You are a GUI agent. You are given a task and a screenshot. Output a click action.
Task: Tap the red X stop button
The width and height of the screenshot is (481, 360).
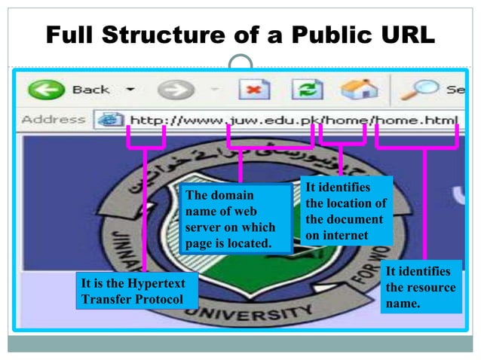(254, 91)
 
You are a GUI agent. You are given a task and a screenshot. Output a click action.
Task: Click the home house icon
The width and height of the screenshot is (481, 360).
(359, 90)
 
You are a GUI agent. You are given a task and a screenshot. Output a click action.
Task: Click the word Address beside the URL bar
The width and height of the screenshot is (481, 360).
(53, 119)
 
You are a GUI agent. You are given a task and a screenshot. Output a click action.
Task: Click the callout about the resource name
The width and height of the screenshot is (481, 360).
(421, 286)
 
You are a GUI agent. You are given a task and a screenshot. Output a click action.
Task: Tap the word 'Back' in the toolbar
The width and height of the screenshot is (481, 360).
(90, 90)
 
